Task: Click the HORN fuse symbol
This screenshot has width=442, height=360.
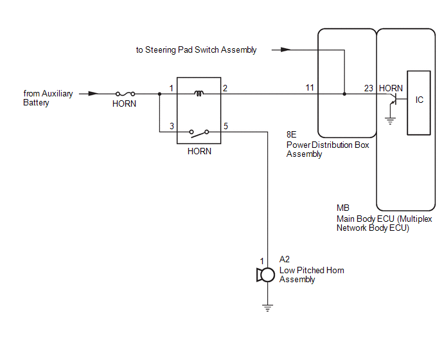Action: click(x=125, y=94)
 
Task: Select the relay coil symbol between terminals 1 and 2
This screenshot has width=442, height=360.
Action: click(x=199, y=93)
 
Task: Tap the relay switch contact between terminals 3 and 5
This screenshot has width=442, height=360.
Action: click(x=199, y=133)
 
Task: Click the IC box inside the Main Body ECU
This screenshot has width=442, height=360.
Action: click(x=419, y=103)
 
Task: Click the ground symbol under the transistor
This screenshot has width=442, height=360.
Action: click(x=390, y=122)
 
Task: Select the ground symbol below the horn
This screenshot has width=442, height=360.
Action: click(x=267, y=308)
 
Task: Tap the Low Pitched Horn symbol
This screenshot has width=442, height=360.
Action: click(x=266, y=274)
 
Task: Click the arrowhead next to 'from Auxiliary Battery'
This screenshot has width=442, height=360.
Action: click(x=94, y=94)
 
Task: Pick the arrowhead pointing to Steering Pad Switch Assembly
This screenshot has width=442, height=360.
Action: click(x=285, y=50)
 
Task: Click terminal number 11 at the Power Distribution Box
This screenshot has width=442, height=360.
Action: click(x=310, y=87)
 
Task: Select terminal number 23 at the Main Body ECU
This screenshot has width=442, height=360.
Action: click(x=368, y=88)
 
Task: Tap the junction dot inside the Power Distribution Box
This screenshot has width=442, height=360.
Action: click(x=344, y=94)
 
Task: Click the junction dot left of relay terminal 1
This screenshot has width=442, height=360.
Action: click(x=159, y=94)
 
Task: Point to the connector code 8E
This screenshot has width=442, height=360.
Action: click(x=292, y=134)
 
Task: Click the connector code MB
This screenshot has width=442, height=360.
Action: click(x=343, y=208)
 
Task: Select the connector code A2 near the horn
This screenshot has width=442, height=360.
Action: click(x=285, y=259)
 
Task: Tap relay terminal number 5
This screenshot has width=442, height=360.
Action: click(x=225, y=126)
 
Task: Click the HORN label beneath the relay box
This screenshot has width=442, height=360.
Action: click(x=199, y=151)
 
